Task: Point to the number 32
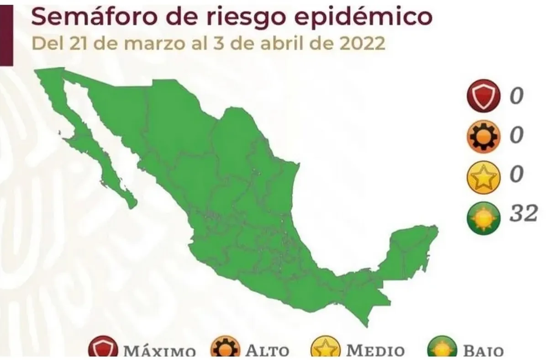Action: click(x=523, y=213)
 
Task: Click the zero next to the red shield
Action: click(x=516, y=96)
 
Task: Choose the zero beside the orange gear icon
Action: click(x=516, y=136)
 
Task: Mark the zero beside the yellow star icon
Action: click(x=516, y=175)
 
